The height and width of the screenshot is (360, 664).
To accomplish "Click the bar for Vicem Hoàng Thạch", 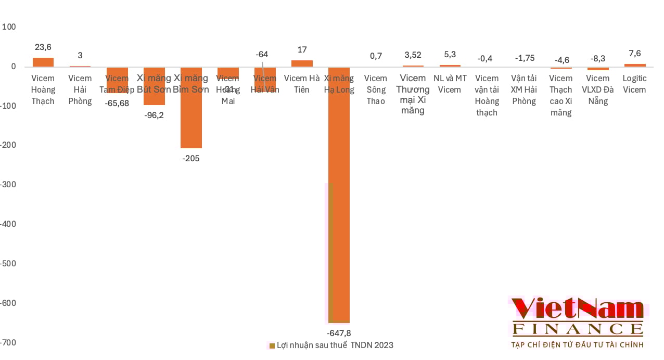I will tap(43, 62).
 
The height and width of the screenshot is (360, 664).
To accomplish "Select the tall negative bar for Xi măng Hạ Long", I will tap(339, 208).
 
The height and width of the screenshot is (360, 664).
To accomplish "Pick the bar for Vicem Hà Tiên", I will tap(302, 63).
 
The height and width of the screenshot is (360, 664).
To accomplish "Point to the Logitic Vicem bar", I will tap(635, 65).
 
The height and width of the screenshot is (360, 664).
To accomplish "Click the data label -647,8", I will tap(339, 333).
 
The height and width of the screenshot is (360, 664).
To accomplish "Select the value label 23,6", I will tap(43, 47).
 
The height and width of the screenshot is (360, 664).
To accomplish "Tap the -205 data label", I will tap(191, 159).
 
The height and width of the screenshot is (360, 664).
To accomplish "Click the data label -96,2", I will tap(154, 115).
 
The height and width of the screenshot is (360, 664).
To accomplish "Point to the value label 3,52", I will tap(413, 55).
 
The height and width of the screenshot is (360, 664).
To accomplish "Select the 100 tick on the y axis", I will tap(10, 27).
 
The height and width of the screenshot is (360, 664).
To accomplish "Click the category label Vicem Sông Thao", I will tap(376, 89).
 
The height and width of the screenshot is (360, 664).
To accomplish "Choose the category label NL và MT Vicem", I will tap(450, 84).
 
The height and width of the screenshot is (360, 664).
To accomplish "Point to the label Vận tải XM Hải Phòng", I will tap(524, 89).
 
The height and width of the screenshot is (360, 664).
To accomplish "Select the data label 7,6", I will tap(635, 54).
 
